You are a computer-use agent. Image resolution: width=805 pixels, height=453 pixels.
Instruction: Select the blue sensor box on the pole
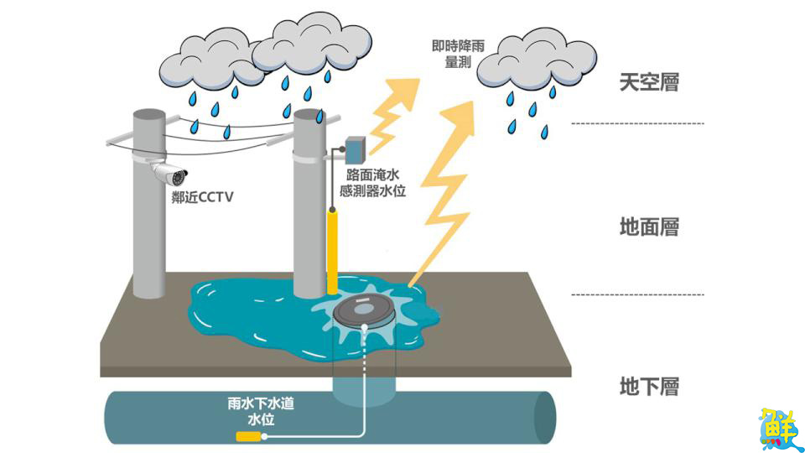[x=355, y=149]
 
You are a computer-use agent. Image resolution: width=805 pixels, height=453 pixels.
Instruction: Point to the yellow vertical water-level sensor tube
[x=332, y=249]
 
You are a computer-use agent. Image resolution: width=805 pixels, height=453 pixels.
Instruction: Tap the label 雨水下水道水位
[x=261, y=410]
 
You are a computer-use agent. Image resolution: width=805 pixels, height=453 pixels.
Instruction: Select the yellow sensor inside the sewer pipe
[x=249, y=435]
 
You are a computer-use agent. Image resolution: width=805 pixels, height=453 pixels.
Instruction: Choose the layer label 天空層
[x=648, y=82]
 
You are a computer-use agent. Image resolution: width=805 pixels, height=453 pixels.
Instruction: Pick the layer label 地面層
[x=648, y=226]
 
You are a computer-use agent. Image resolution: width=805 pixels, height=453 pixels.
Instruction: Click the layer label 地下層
[x=648, y=387]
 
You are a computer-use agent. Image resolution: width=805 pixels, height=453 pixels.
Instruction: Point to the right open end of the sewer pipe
[x=544, y=417]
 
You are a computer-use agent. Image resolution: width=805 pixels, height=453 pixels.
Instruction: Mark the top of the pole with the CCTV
[x=149, y=114]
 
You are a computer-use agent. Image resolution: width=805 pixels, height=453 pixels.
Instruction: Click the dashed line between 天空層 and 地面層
[x=637, y=124]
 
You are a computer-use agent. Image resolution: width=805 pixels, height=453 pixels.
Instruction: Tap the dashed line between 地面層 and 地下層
[x=637, y=294]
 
